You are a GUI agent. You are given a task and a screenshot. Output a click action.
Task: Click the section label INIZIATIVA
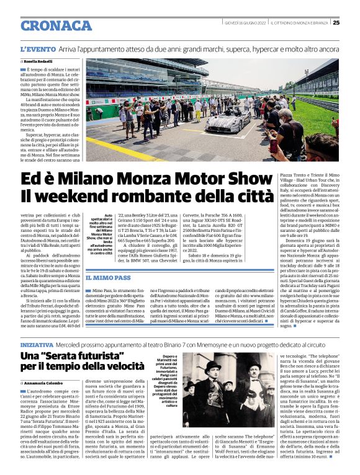36,343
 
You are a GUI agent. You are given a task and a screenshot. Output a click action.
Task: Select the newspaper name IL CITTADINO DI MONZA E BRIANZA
297,23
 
